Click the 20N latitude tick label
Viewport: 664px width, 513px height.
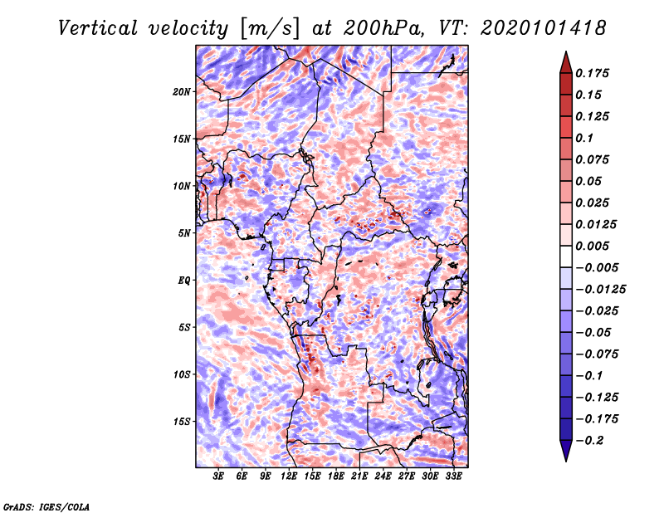point(182,91)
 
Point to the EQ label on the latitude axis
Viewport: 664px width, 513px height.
point(183,281)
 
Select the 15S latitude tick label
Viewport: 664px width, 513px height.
point(182,422)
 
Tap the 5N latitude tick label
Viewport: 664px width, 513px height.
point(184,233)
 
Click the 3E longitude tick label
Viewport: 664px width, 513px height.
point(219,477)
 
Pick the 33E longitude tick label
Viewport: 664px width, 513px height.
point(454,477)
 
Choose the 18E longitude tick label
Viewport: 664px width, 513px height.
point(336,477)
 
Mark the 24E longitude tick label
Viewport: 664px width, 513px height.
point(383,477)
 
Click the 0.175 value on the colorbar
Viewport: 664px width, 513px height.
point(594,73)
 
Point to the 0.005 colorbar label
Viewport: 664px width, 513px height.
point(594,246)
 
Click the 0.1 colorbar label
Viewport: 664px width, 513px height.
point(586,138)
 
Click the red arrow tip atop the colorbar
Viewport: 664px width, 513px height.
point(565,58)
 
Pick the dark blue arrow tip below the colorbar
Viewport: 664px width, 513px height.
point(565,453)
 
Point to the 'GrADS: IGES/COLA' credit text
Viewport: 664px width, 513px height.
point(46,506)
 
